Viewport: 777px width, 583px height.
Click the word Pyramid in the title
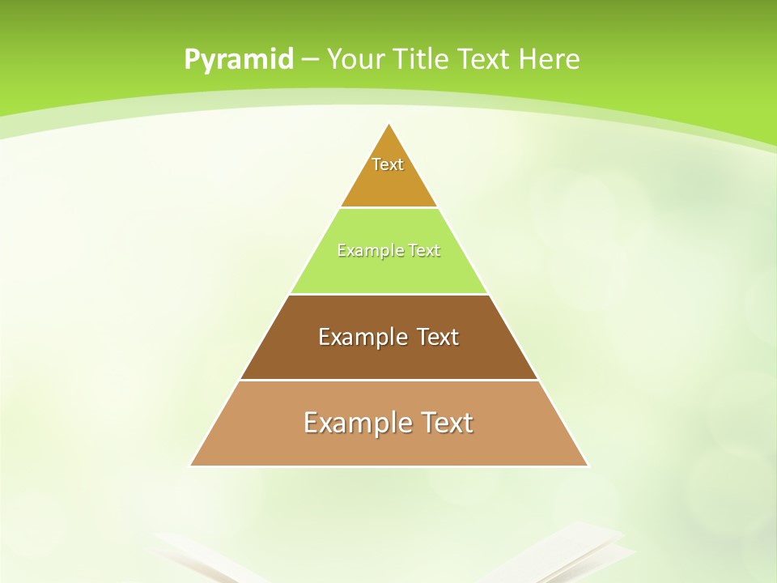coord(238,60)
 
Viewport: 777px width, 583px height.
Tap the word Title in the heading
coord(424,59)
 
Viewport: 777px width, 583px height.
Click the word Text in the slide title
coord(486,59)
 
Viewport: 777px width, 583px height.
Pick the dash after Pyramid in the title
coord(309,60)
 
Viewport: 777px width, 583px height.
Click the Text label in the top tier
coord(388,164)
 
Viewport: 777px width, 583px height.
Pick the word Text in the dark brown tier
coord(438,337)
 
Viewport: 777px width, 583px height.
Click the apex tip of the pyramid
coord(389,125)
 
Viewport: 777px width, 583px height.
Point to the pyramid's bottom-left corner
coord(192,465)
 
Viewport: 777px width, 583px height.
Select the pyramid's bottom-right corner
coord(587,465)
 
